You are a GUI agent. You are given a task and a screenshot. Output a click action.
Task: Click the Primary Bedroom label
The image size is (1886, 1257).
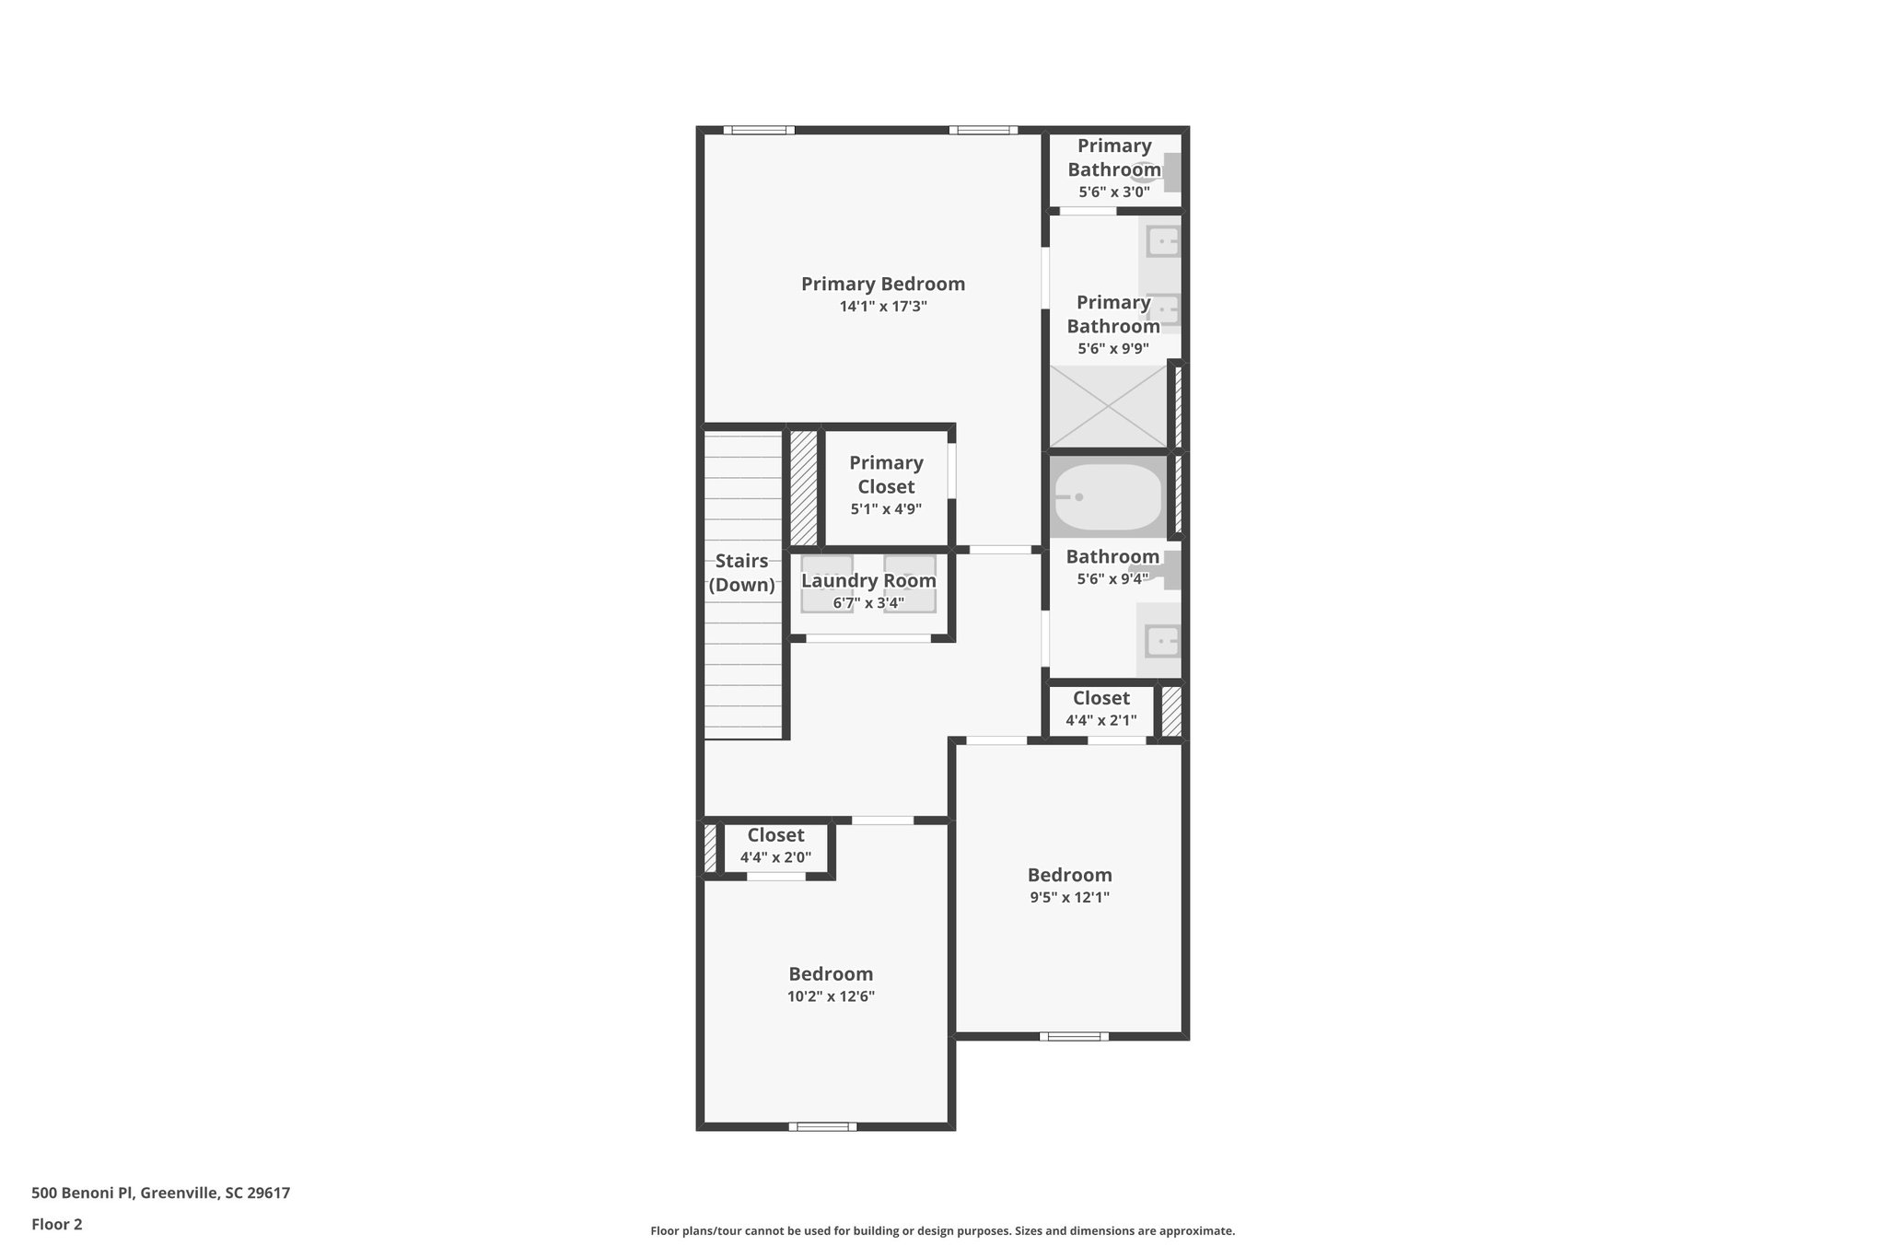pos(882,284)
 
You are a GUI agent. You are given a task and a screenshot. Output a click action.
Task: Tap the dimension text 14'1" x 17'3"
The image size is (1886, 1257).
pos(882,307)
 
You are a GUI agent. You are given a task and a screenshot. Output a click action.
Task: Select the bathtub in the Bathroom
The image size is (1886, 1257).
pos(1108,498)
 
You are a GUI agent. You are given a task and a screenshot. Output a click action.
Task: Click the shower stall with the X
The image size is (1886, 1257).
pos(1108,407)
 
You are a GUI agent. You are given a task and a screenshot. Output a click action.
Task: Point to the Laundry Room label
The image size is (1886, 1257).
pos(867,581)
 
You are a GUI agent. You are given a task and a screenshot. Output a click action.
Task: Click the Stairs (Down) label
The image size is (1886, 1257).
pos(741,573)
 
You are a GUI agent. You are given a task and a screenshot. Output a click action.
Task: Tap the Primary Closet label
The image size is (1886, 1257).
pos(886,474)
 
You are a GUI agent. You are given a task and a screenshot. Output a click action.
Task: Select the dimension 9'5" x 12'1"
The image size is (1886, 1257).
pos(1069,898)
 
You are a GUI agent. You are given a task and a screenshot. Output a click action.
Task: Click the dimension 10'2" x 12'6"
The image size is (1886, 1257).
pos(831,996)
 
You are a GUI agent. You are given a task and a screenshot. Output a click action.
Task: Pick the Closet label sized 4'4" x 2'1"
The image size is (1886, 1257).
pos(1100,698)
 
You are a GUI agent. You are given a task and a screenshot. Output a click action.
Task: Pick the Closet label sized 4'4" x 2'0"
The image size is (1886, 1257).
pos(775,835)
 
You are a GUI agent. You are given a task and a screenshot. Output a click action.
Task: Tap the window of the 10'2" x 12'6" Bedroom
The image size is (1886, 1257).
pos(822,1126)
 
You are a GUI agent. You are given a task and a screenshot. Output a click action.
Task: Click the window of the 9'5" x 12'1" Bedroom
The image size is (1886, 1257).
pos(1074,1037)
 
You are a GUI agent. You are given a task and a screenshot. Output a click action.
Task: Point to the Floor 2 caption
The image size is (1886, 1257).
pos(57,1224)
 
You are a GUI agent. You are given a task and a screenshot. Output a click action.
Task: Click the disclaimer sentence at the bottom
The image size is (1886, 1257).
pos(942,1230)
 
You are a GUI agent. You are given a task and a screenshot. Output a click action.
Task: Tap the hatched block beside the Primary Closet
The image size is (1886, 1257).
pos(803,487)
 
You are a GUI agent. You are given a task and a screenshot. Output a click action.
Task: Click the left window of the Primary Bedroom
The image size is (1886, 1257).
pos(758,130)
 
